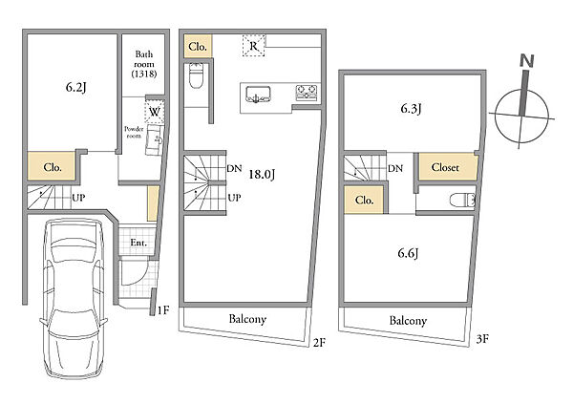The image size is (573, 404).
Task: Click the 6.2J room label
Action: click(x=76, y=87)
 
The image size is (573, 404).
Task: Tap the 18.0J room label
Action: click(x=262, y=175)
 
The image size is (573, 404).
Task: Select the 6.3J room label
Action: click(x=411, y=108)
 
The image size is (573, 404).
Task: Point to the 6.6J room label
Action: click(x=408, y=253)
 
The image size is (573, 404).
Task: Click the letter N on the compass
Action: click(x=526, y=61)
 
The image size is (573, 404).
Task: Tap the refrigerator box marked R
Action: click(x=254, y=46)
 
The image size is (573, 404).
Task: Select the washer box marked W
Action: click(x=155, y=111)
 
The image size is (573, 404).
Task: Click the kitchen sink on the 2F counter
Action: click(x=259, y=95)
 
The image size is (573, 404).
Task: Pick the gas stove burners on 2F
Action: click(x=307, y=93)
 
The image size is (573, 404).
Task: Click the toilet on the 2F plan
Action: click(x=197, y=75)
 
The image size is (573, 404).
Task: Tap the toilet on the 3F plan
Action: click(x=462, y=200)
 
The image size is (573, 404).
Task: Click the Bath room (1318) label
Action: click(x=144, y=64)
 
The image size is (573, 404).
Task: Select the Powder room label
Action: click(x=134, y=132)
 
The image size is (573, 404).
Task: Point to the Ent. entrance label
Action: click(x=138, y=243)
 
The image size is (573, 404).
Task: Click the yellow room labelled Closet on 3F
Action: click(x=448, y=167)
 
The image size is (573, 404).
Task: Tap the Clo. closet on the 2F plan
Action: click(x=198, y=46)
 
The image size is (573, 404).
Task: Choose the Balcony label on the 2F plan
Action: click(x=247, y=319)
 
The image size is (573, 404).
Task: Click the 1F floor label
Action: click(x=163, y=310)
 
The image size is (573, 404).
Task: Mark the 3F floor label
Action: click(x=482, y=339)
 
